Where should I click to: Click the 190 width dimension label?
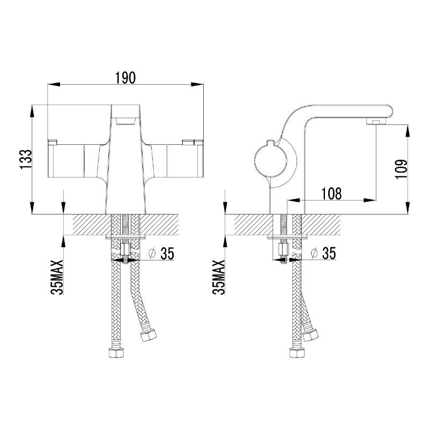(125, 78)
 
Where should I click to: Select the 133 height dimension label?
(26, 159)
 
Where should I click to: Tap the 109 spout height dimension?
(401, 169)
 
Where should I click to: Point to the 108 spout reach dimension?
(331, 194)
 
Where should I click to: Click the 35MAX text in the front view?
(57, 277)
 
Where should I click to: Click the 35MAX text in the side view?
(218, 277)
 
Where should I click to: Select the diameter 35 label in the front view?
(161, 253)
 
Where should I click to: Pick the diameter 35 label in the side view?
(323, 253)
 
